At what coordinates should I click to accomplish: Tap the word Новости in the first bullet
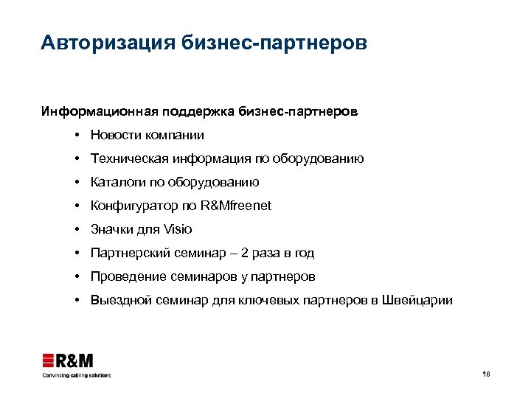[x=115, y=136]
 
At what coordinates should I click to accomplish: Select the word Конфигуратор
[x=131, y=206]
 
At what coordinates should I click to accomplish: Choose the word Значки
[x=112, y=230]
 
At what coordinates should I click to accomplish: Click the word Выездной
[x=119, y=301]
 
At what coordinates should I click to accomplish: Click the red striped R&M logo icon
[x=49, y=360]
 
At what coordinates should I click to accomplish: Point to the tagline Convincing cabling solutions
[x=76, y=375]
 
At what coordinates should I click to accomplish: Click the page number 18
[x=485, y=374]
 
